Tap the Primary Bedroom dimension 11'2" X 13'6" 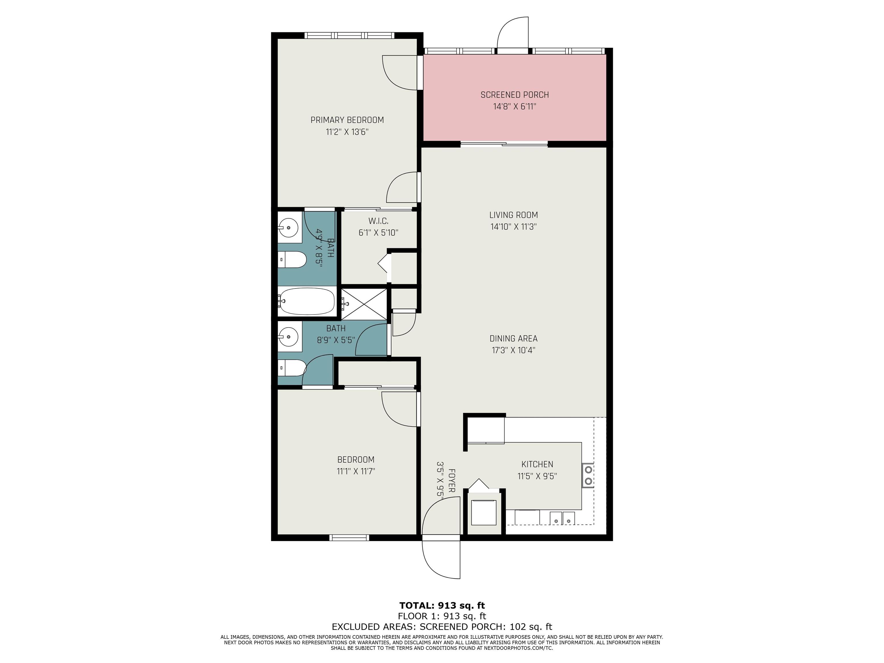(347, 132)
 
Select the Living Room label (514, 215)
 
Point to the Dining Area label (514, 338)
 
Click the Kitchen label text (537, 464)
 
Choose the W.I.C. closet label (378, 221)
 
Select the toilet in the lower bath (292, 368)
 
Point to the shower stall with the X (364, 304)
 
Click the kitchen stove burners (588, 474)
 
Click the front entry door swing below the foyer (441, 559)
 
